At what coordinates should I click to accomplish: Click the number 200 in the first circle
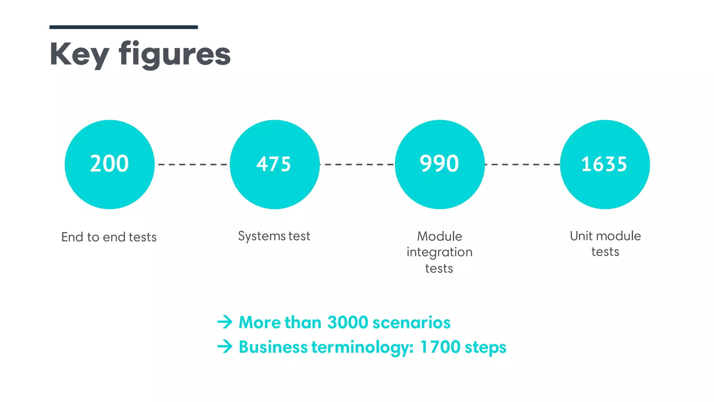click(109, 164)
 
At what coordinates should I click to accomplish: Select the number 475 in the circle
click(274, 164)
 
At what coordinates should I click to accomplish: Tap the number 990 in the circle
click(439, 164)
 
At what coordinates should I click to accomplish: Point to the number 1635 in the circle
click(604, 164)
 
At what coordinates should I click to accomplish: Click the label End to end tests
click(109, 237)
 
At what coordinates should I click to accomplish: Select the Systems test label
click(274, 236)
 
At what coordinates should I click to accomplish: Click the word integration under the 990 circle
click(439, 252)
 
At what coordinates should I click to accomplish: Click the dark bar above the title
click(123, 27)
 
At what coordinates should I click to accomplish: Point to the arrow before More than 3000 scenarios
click(225, 322)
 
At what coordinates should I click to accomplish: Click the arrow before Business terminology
click(225, 347)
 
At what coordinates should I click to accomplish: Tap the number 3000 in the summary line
click(348, 322)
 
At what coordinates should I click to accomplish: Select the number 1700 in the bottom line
click(440, 347)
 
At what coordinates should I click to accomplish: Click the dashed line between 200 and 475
click(192, 164)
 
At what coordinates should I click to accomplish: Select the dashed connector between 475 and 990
click(357, 164)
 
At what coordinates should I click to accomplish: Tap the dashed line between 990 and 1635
click(522, 164)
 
